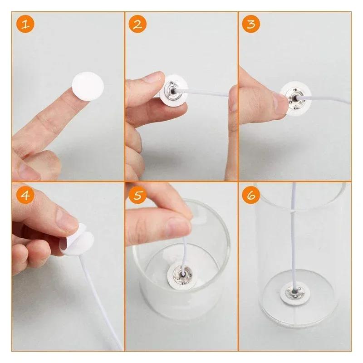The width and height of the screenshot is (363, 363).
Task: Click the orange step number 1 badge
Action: tap(26, 24)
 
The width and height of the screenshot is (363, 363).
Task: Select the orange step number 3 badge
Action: tap(251, 24)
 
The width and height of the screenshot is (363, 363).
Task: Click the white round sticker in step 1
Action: tap(88, 87)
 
